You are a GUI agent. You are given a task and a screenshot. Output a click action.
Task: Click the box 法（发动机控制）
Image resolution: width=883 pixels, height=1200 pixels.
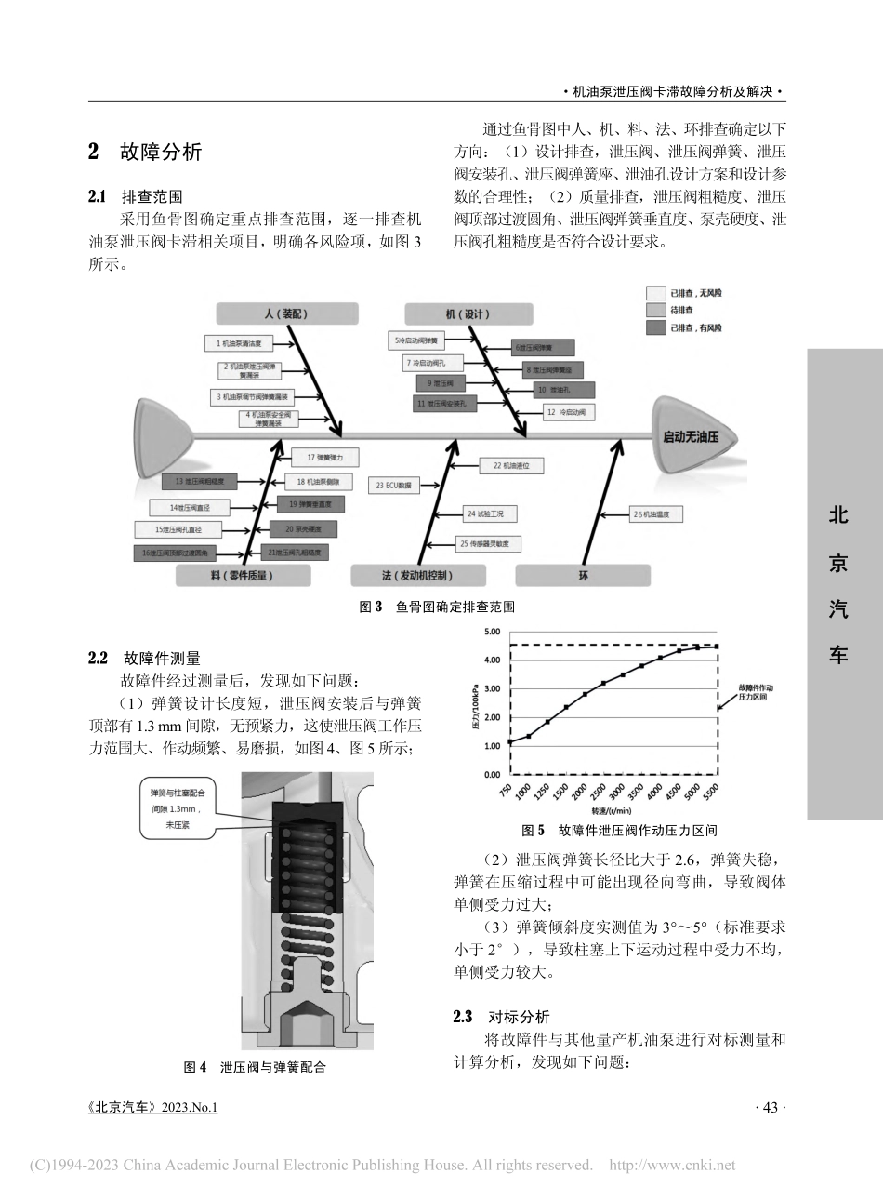(416, 576)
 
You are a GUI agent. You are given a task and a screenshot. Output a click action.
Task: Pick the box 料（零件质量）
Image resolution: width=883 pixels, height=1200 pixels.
(242, 576)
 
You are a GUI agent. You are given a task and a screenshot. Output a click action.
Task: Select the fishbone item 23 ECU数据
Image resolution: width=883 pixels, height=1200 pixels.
(394, 486)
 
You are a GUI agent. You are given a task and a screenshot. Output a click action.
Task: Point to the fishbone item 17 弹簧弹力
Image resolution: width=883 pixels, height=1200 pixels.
(324, 458)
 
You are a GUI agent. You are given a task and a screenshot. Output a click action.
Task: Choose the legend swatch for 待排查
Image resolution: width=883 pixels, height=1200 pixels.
(656, 310)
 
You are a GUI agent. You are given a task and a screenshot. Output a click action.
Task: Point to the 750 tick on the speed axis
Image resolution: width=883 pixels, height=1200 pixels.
(506, 793)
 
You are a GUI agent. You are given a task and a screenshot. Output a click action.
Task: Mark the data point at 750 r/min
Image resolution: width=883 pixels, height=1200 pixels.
(509, 741)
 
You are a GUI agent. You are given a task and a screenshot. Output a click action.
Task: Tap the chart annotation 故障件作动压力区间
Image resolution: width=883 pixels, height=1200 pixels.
(755, 692)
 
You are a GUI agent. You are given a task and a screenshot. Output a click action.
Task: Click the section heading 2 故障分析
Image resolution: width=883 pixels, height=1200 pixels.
(145, 153)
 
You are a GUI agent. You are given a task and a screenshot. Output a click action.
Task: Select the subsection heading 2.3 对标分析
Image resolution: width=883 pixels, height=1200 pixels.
(501, 1017)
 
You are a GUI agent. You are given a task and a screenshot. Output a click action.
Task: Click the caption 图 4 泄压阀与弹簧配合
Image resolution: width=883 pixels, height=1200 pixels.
(255, 1067)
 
